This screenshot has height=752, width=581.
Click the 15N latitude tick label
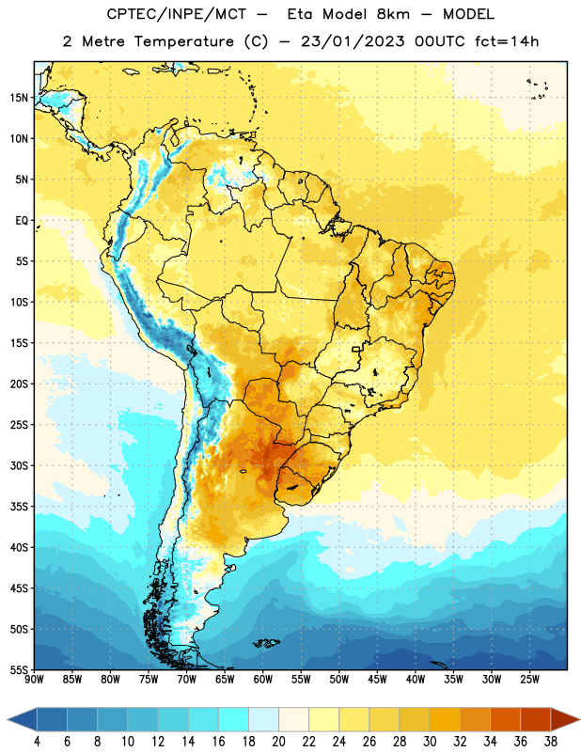[19, 98]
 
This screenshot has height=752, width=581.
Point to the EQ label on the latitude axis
[22, 221]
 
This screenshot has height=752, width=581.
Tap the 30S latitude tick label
[19, 465]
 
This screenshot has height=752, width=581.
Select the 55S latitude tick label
[19, 669]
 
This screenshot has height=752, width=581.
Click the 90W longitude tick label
[34, 679]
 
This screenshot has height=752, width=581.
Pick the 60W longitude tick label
[263, 679]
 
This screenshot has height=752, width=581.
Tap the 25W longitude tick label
[529, 679]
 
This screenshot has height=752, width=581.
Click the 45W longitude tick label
[377, 679]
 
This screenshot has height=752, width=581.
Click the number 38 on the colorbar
[551, 742]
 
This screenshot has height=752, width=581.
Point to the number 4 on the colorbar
[37, 742]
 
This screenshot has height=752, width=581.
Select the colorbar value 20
[278, 742]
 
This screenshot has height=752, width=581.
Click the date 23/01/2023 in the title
[353, 41]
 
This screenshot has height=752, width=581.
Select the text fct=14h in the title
[507, 41]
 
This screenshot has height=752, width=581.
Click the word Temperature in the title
[183, 41]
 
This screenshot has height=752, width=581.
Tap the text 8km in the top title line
[393, 14]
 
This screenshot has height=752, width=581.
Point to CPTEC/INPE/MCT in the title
[177, 14]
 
